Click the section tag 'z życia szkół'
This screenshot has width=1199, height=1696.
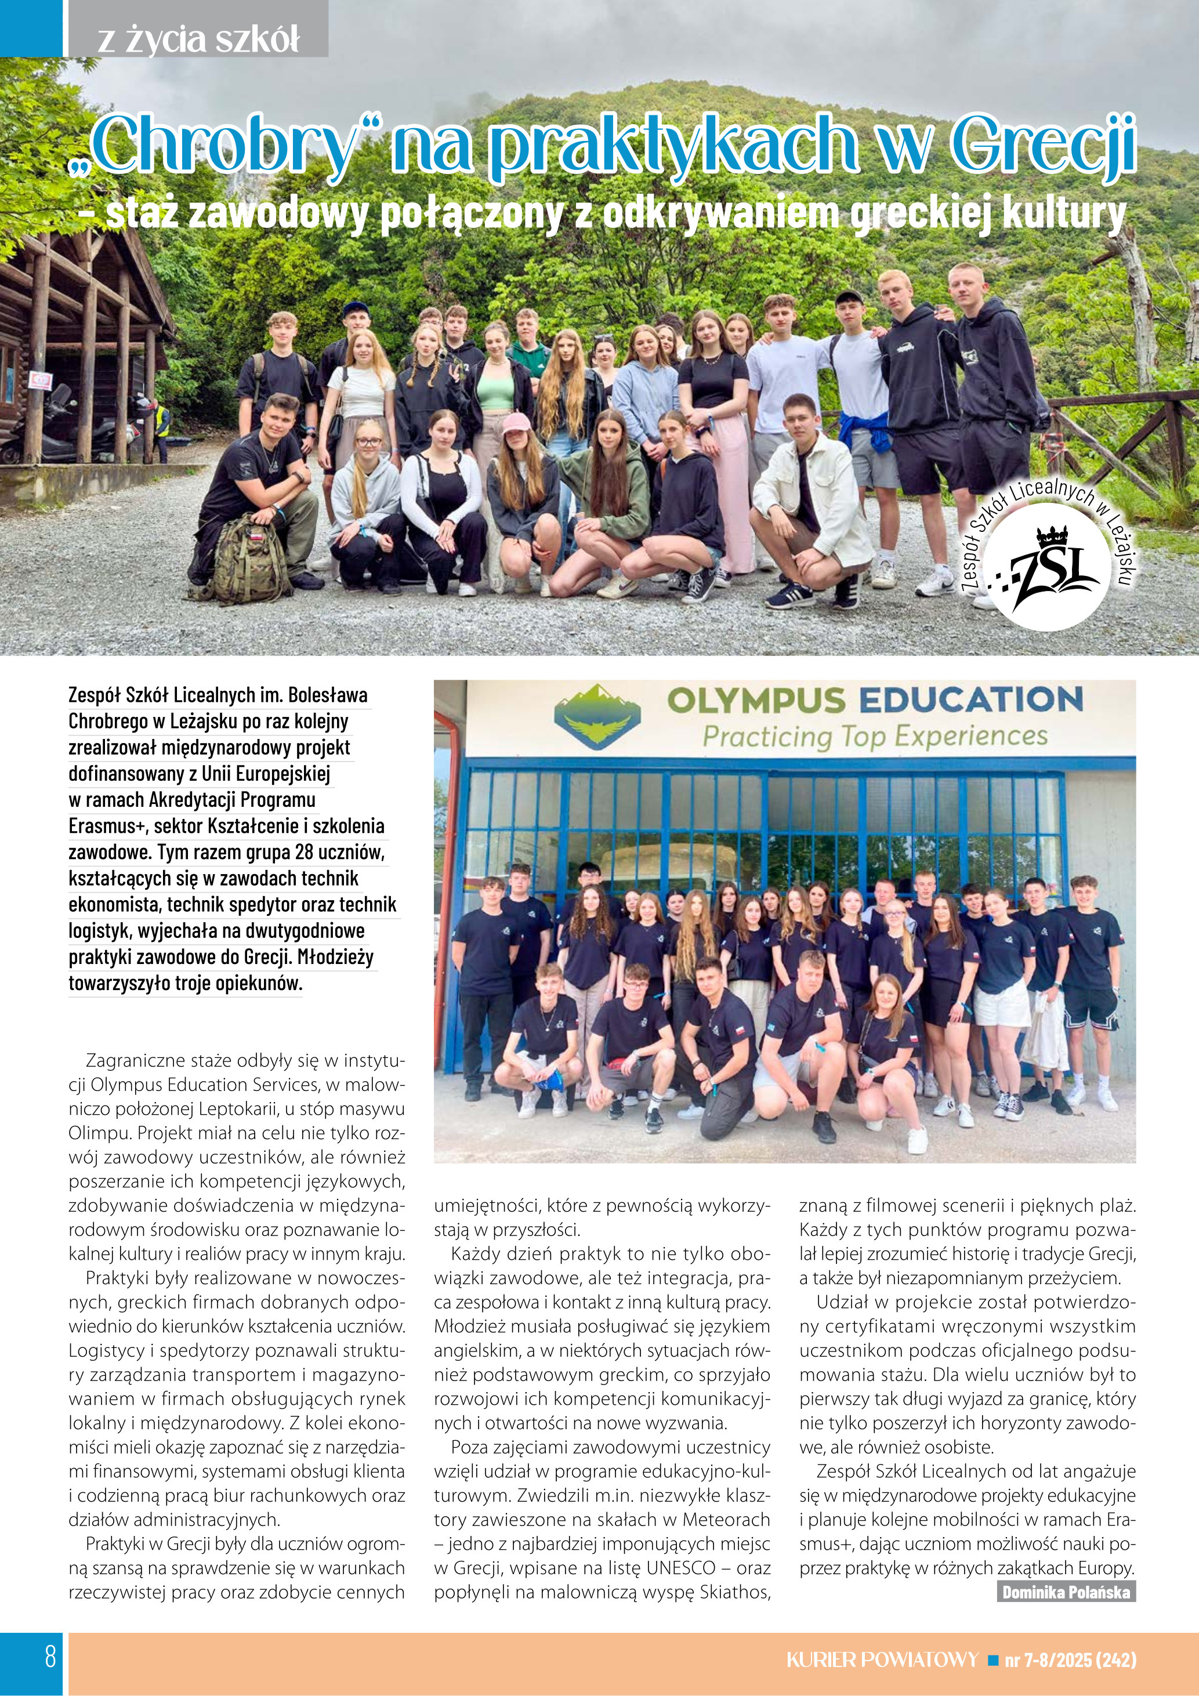198,38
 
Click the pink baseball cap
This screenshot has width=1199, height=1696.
516,423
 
